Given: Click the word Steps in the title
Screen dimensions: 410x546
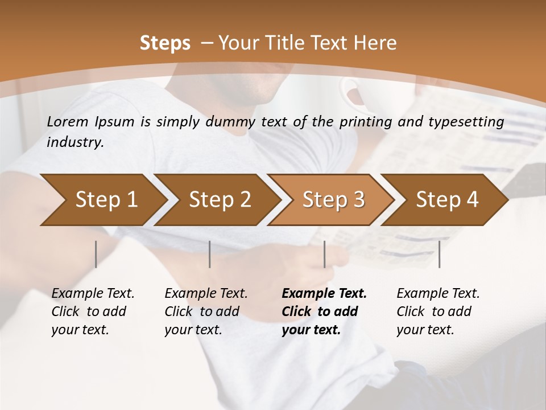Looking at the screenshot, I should pos(165,43).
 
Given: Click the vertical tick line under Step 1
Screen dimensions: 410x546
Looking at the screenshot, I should pos(96,254).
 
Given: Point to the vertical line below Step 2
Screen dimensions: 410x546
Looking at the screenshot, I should pos(210,254).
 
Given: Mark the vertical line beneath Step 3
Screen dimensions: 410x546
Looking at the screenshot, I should pos(324,254).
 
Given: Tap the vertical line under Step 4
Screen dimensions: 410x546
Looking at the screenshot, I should pos(439,254).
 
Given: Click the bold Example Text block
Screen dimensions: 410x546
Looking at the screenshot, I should pos(324,311).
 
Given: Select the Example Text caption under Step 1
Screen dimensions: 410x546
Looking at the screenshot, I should pos(93,311).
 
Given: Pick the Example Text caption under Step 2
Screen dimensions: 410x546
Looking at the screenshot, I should pos(206,311).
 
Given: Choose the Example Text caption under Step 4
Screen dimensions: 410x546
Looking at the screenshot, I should pos(438,311).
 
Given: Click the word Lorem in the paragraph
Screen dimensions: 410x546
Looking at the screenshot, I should pos(68,121).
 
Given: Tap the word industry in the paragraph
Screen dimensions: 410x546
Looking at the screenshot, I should pos(75,142).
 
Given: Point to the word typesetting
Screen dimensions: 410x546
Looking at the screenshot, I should pos(470,122).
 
